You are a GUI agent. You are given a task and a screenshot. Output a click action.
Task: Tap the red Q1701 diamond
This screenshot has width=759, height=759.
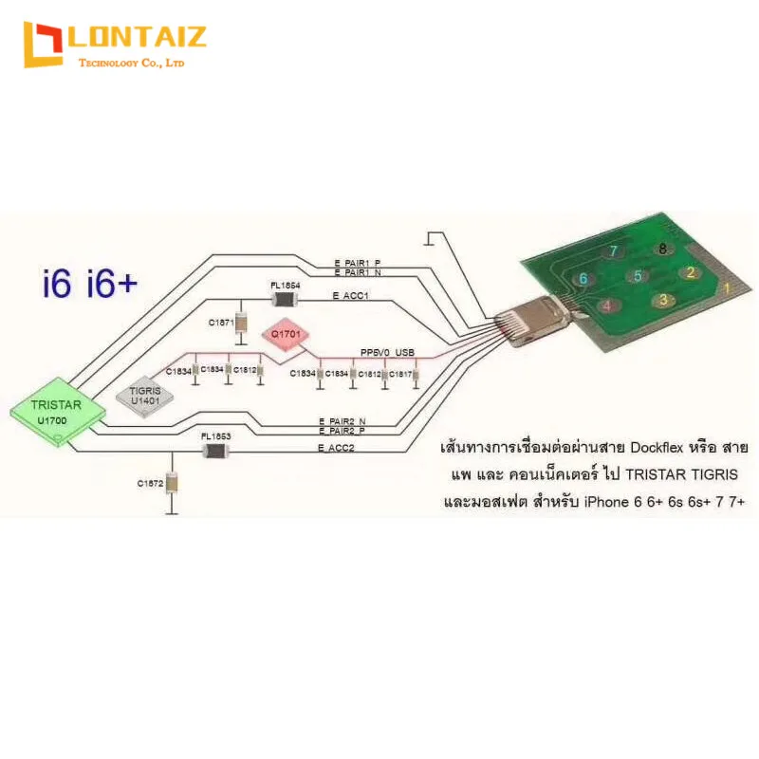click(286, 335)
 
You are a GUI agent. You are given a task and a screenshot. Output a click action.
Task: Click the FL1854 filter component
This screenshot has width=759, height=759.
click(286, 299)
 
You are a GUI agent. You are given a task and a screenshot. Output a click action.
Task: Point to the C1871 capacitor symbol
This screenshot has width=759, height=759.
click(241, 324)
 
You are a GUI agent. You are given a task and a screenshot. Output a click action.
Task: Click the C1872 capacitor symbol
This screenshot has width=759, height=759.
click(172, 484)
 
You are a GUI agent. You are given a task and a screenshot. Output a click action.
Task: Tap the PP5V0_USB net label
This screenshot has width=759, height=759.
click(387, 352)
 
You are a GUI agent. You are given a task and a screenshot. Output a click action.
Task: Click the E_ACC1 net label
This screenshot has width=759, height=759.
click(350, 296)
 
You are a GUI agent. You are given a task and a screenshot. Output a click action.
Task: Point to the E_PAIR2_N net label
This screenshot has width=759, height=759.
click(342, 420)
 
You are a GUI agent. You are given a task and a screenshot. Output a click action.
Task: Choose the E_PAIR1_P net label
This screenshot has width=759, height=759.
click(357, 263)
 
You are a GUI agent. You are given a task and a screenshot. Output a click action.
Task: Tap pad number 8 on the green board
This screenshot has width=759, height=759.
click(661, 249)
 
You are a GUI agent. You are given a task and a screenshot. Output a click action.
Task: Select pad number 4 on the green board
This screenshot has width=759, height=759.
click(606, 305)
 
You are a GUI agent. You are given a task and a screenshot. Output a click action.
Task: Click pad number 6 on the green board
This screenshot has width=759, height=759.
click(584, 278)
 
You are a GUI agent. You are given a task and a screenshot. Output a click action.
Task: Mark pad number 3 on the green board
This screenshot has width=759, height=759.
click(665, 301)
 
